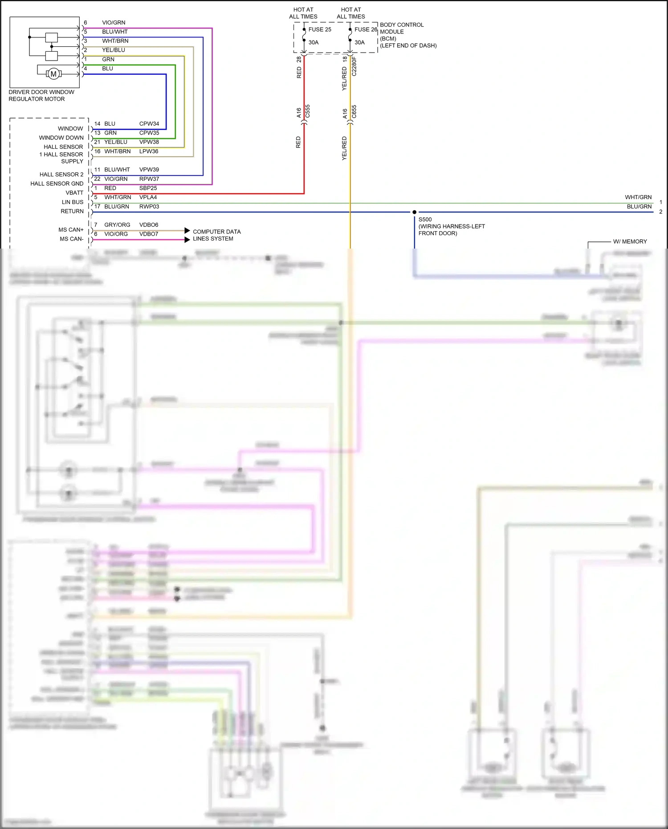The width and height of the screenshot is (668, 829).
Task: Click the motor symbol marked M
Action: point(53,74)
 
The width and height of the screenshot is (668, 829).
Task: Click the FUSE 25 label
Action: point(320,29)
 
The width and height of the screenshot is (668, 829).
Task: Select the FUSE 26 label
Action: point(366,29)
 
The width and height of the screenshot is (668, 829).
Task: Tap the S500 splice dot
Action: point(414,212)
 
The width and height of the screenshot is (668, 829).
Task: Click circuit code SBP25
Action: point(148,188)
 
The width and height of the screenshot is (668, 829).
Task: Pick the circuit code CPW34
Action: point(149,124)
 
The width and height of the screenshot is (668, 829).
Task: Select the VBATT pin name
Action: point(74,193)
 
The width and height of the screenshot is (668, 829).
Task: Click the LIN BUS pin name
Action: point(73,202)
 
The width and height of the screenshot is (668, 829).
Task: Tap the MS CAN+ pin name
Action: point(71,230)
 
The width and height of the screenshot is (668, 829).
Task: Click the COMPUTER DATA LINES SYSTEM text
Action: point(216,235)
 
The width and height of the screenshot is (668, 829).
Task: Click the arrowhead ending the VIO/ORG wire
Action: point(187,240)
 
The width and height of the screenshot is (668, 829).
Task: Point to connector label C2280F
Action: point(354,66)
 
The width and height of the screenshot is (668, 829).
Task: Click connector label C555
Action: point(308,111)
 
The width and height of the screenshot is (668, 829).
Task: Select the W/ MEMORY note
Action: point(630,241)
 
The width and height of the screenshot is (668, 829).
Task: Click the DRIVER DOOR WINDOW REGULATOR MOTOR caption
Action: point(41,95)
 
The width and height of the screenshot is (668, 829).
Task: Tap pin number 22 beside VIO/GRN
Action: point(97,179)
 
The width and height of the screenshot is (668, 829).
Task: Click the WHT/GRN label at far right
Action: point(638,197)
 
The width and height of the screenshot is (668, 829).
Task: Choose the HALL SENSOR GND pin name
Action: point(57,184)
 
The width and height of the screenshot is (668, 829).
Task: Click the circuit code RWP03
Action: point(149,207)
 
